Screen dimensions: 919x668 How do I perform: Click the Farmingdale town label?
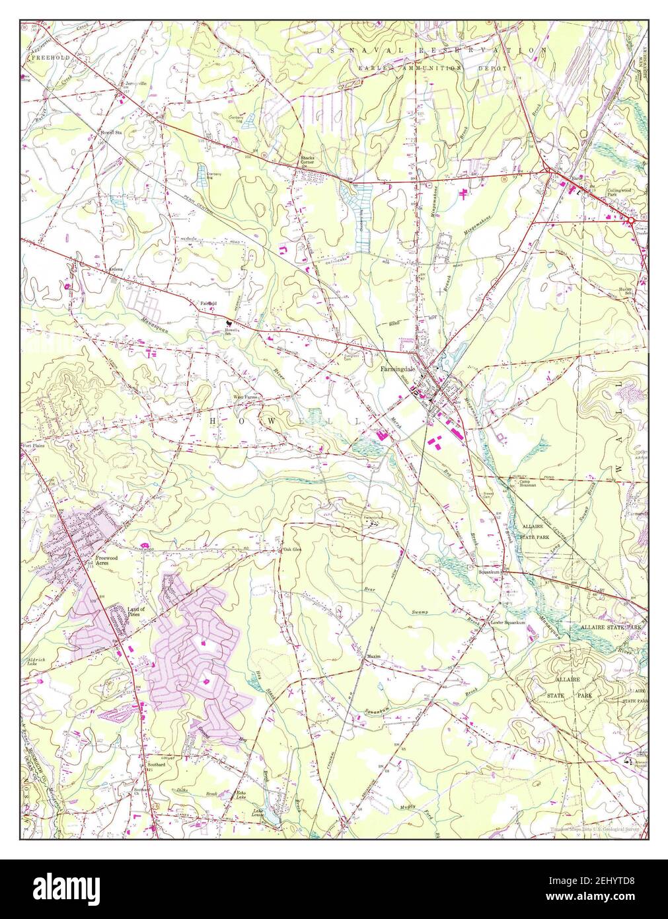(395, 370)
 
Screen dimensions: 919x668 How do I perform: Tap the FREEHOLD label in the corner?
(49, 58)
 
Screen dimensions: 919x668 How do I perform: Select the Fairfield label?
(209, 303)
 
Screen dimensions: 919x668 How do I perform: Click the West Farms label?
(242, 397)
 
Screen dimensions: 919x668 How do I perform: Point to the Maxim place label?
(371, 657)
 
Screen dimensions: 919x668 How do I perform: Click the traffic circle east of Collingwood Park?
(640, 225)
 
